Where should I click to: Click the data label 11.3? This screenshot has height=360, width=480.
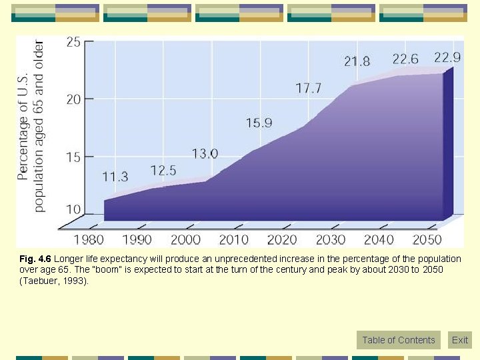click(x=115, y=177)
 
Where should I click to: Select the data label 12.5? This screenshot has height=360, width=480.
click(x=163, y=170)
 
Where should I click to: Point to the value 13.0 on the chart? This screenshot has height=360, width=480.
click(x=205, y=154)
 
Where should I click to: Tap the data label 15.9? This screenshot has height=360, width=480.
click(x=259, y=123)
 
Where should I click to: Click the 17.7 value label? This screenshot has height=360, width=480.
click(x=309, y=88)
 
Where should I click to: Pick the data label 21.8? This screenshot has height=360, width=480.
click(x=357, y=61)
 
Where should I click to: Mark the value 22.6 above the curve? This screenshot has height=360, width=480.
click(x=405, y=59)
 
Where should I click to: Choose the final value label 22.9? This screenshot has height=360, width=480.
click(x=447, y=55)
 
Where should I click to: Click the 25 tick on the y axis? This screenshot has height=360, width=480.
click(x=73, y=43)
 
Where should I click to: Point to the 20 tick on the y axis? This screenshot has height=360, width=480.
click(x=73, y=99)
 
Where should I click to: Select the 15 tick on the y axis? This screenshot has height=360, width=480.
click(x=73, y=157)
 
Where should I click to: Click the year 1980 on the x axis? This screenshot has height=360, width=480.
click(x=89, y=239)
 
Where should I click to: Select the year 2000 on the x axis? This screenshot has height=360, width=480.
click(x=185, y=239)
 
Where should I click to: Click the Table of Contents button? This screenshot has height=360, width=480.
click(x=399, y=340)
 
